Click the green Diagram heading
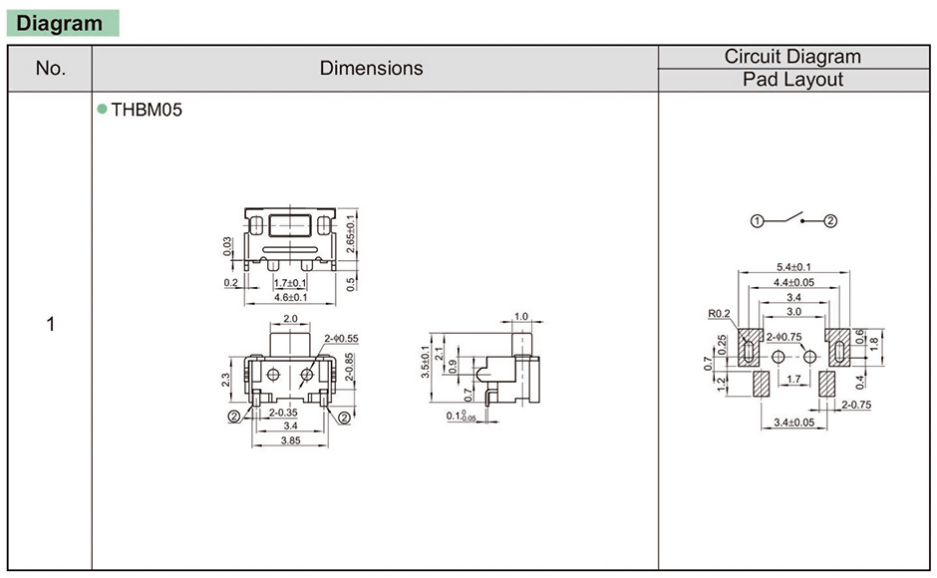(59, 23)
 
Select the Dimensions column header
(371, 68)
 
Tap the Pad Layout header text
(793, 80)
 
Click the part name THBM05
(147, 110)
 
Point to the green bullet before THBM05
(103, 109)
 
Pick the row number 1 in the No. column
(50, 324)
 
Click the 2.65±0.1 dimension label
(351, 234)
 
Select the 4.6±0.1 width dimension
(290, 297)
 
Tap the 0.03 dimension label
(227, 246)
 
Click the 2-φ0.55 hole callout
(341, 338)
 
